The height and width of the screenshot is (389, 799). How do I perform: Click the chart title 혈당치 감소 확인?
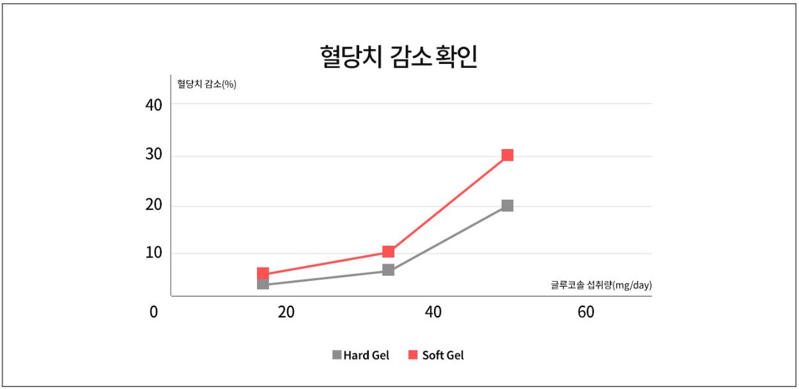(398, 57)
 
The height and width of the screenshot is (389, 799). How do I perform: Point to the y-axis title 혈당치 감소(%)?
(207, 84)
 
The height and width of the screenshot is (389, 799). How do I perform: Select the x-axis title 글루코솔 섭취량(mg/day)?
(601, 285)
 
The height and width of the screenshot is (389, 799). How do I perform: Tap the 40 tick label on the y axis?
(154, 105)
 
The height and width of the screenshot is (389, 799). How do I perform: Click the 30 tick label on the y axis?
(154, 156)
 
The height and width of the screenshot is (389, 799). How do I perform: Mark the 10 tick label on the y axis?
(154, 253)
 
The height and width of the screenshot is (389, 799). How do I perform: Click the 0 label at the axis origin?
(153, 313)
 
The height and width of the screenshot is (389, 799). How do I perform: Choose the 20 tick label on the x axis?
(286, 313)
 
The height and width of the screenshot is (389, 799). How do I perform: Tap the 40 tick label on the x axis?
(433, 313)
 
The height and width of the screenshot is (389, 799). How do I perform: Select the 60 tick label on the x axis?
(586, 313)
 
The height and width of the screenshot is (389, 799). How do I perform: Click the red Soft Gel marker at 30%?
(508, 155)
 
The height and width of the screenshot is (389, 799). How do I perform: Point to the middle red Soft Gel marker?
(388, 251)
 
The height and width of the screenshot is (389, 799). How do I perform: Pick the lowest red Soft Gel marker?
(263, 273)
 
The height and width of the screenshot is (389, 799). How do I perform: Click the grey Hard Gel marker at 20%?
(508, 205)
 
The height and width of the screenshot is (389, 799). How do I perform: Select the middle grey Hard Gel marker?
(388, 270)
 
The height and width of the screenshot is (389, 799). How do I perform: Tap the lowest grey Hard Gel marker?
(263, 283)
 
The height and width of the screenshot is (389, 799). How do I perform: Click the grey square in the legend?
(337, 354)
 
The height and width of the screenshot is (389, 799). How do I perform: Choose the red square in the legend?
(412, 354)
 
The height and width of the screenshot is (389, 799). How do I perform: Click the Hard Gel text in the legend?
(366, 355)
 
